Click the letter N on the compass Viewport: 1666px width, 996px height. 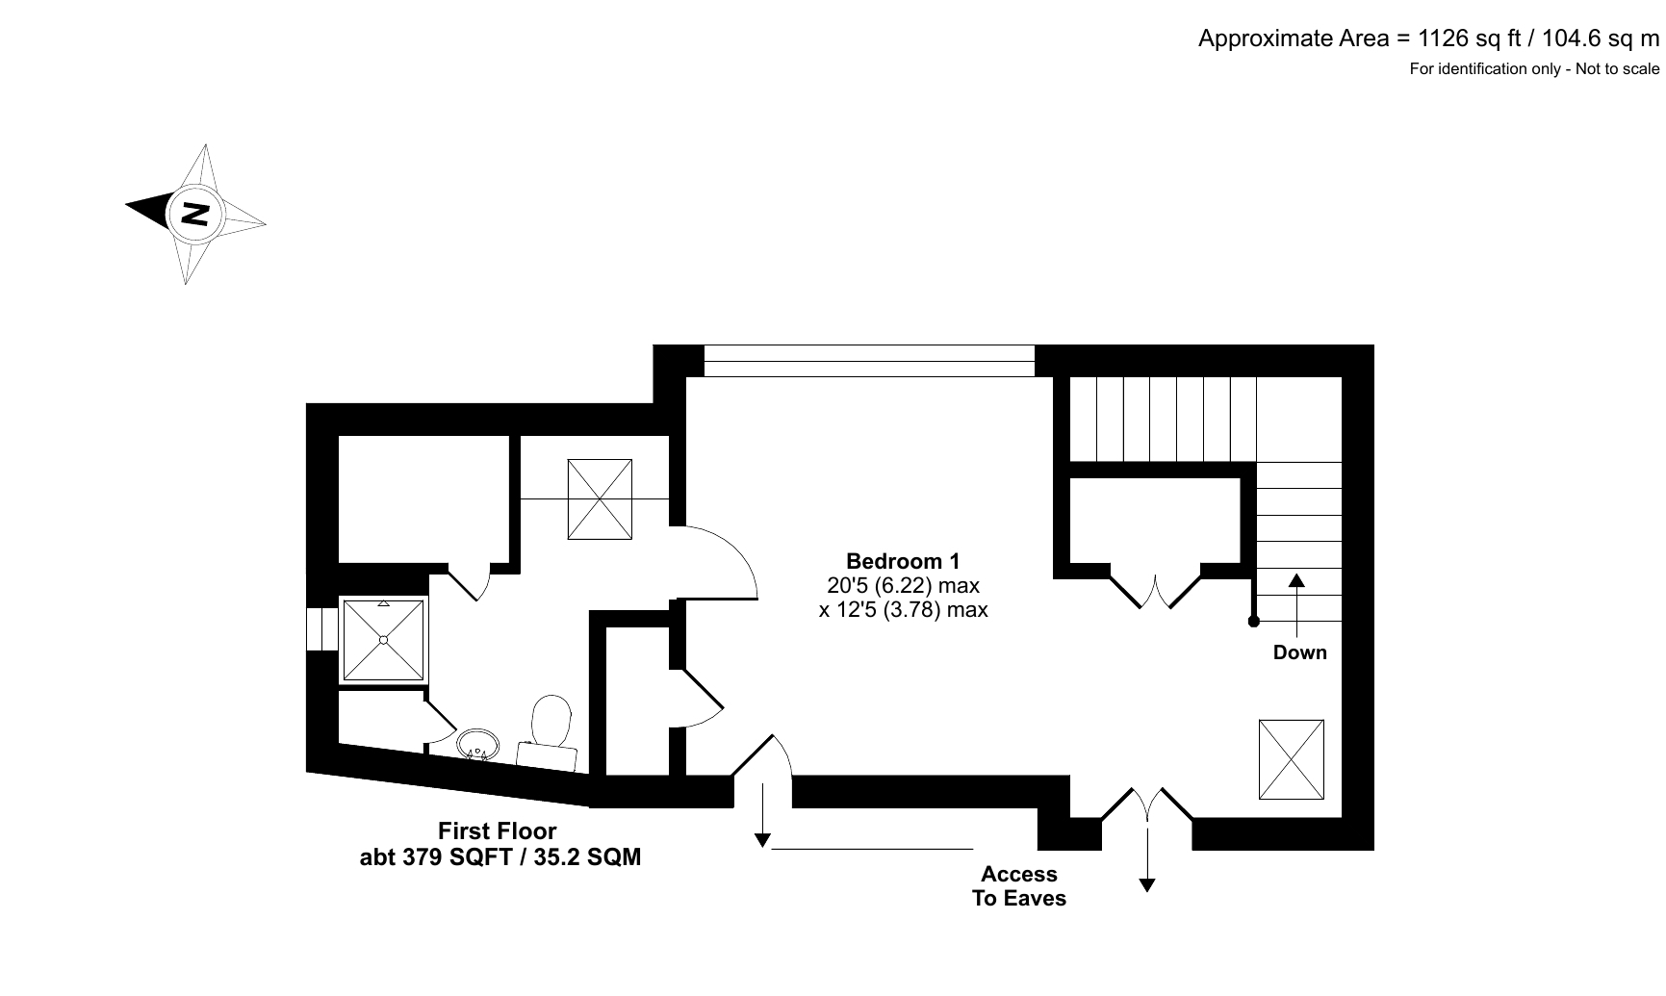tap(196, 214)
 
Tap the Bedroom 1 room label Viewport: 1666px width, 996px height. tap(903, 561)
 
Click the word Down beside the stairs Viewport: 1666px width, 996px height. tap(1299, 652)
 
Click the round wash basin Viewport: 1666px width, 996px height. tap(478, 743)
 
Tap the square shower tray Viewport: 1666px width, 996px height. tap(383, 639)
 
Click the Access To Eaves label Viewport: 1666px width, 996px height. tap(1019, 886)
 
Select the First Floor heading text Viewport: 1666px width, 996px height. tap(498, 830)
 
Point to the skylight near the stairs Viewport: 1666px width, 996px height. tap(1291, 759)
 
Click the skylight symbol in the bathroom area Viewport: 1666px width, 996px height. tap(600, 499)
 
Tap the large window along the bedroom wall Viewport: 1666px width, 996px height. tap(869, 361)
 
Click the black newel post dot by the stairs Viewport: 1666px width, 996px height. tap(1253, 622)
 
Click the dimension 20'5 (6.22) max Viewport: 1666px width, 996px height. tap(903, 585)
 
